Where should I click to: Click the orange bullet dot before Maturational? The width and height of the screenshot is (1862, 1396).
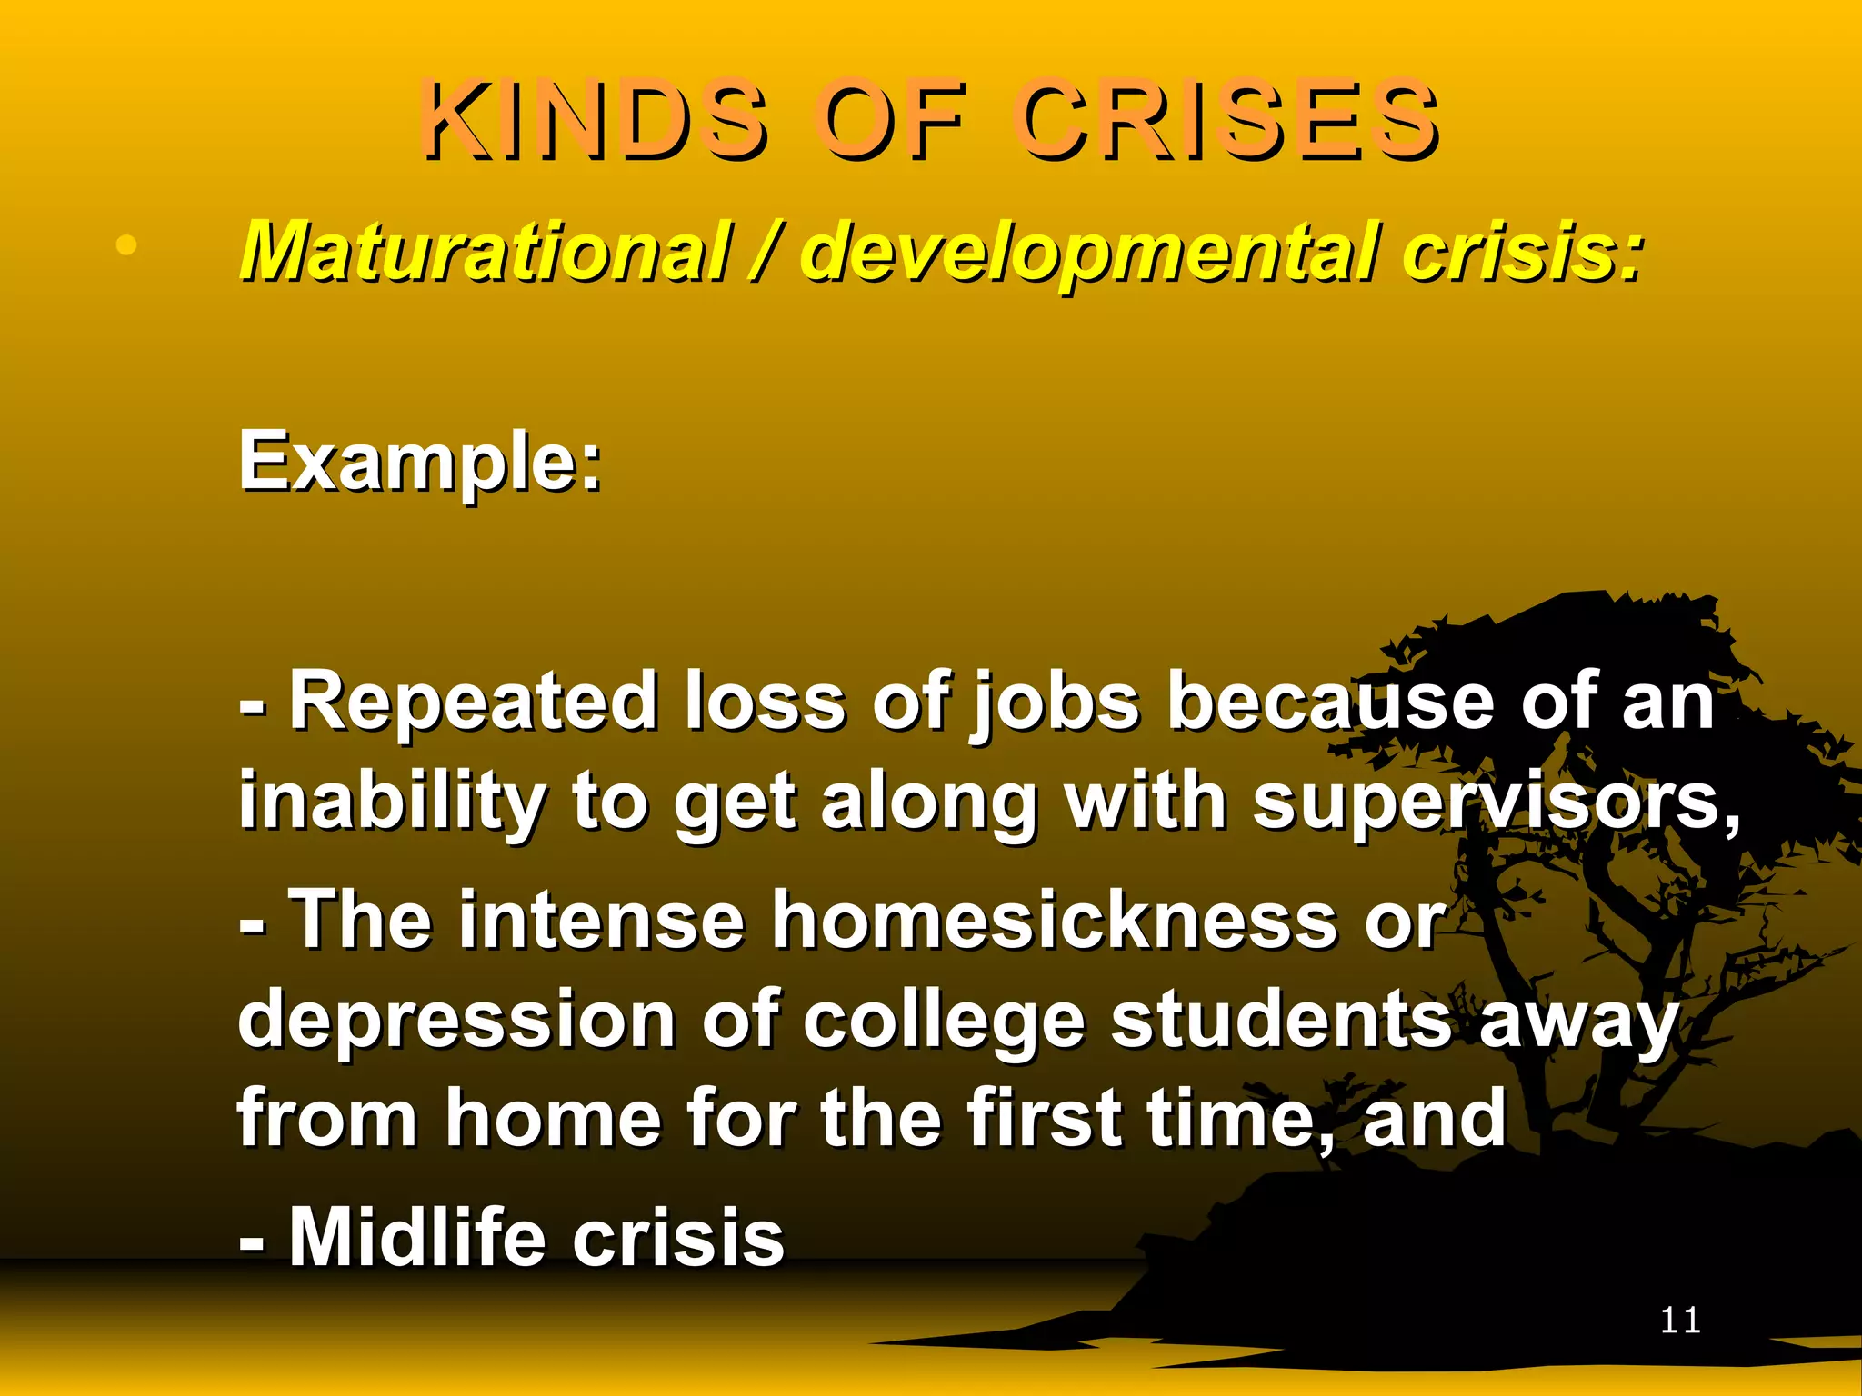point(126,245)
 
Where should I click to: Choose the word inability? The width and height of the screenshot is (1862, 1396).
point(391,803)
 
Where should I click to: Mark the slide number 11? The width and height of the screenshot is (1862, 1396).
point(1680,1321)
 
